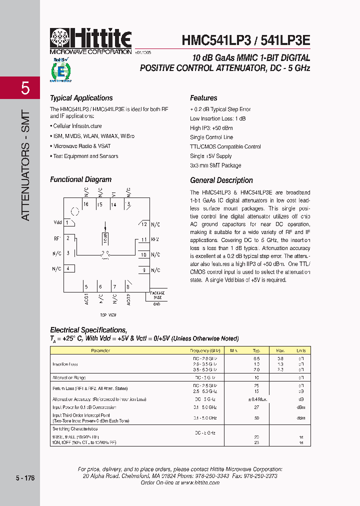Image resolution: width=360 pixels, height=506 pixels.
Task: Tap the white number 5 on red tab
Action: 25,89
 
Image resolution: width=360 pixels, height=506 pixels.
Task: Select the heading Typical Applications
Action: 81,98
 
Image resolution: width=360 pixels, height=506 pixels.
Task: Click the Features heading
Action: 203,98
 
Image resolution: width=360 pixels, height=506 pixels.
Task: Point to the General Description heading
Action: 221,180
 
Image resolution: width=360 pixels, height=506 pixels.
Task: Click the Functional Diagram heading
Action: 80,179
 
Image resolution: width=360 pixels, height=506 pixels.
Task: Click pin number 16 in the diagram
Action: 86,204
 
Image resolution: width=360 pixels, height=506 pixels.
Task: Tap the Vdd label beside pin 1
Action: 57,222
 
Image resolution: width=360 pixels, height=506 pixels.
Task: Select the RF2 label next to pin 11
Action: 155,239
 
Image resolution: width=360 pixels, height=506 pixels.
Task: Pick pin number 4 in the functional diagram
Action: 67,269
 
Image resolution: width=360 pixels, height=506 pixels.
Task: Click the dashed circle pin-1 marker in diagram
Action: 75,211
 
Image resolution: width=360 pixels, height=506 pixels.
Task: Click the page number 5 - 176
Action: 25,478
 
